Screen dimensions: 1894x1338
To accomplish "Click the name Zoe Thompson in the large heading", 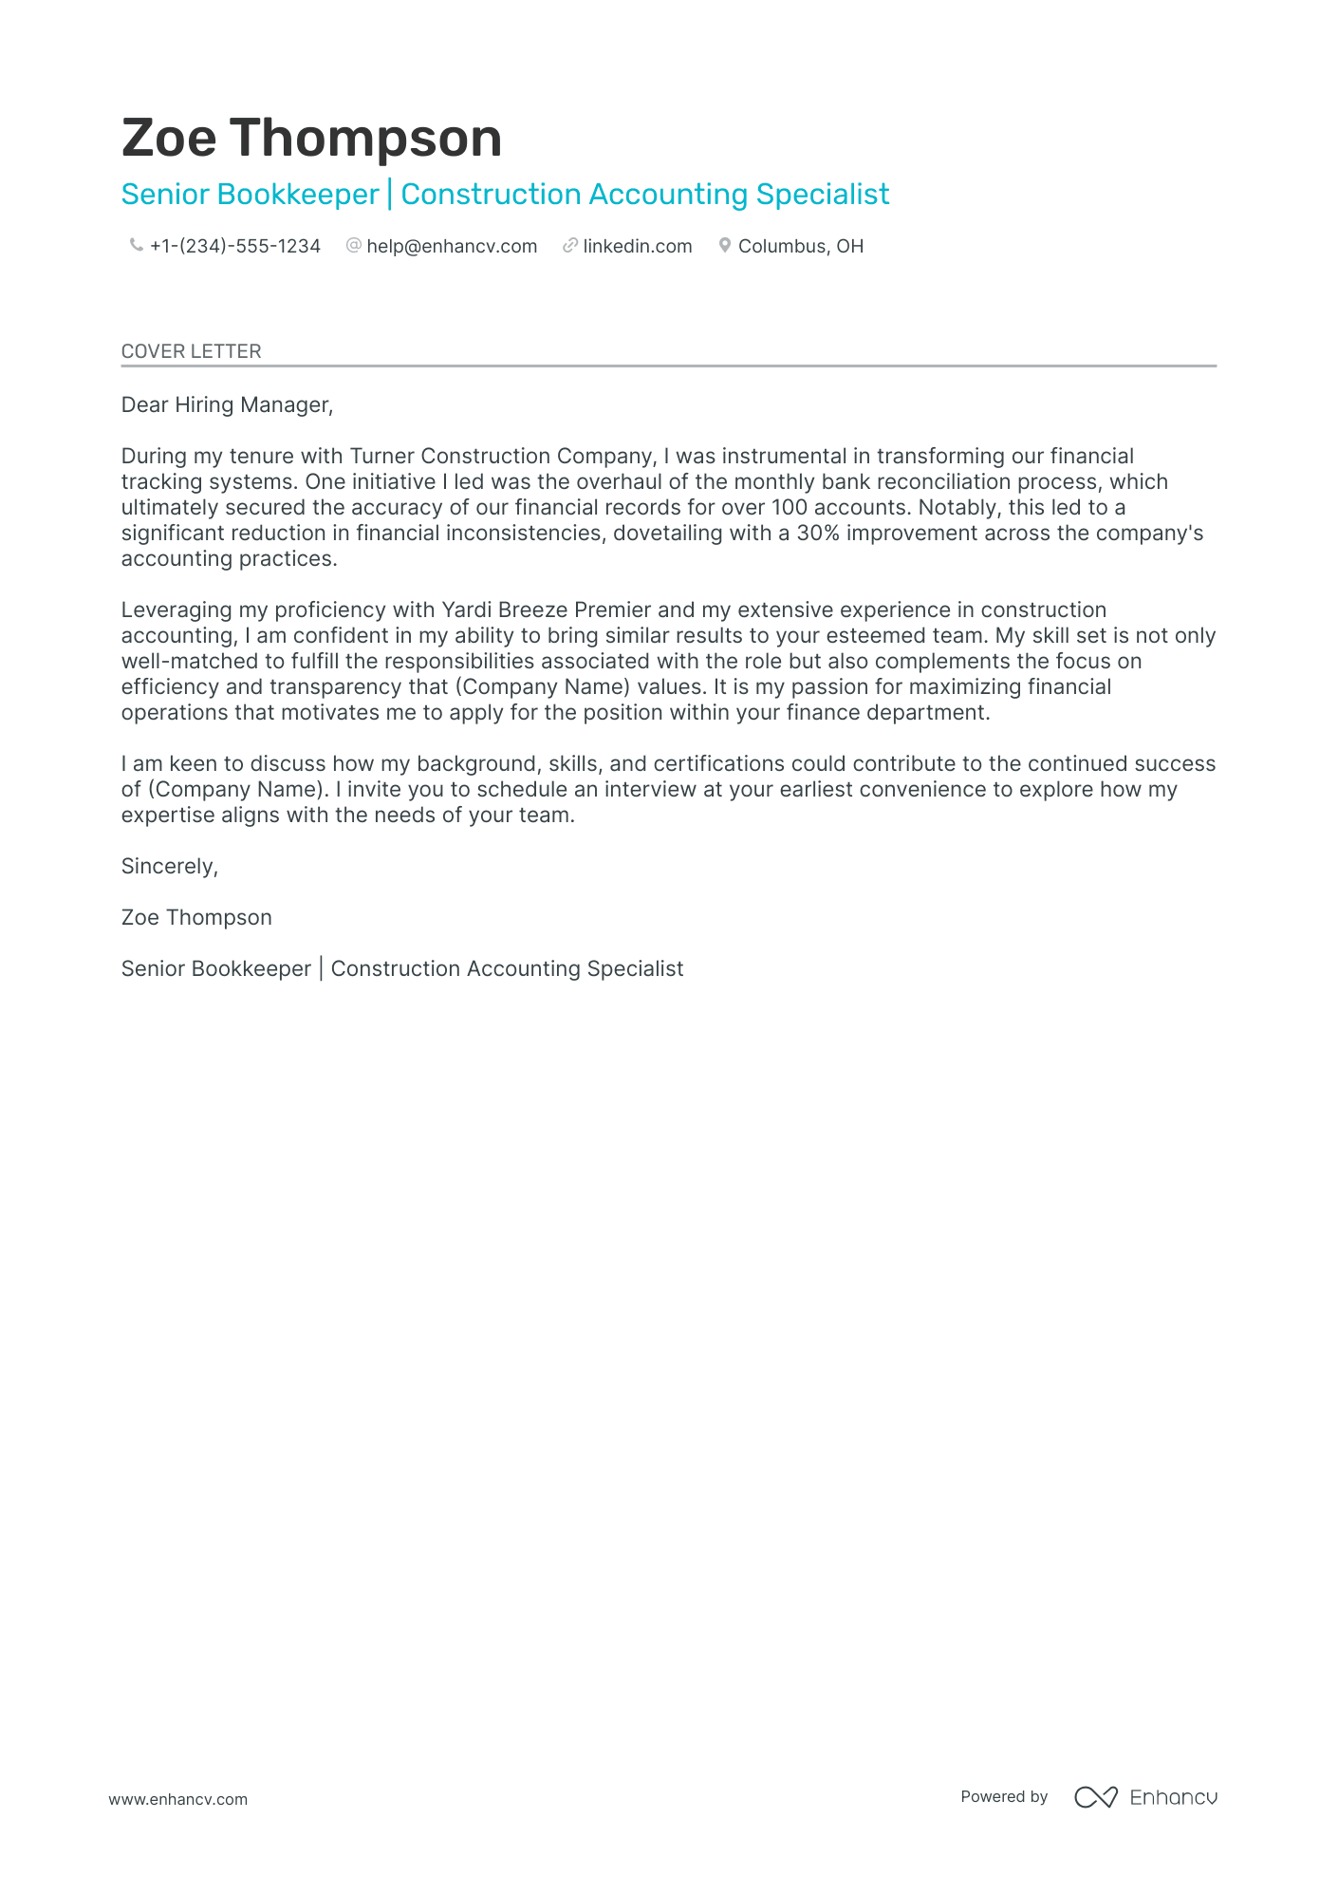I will (x=311, y=139).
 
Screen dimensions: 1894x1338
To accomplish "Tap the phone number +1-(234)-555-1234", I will (x=234, y=247).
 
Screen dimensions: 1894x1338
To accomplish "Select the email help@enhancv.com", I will (x=452, y=247).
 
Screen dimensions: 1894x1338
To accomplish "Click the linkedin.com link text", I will (x=637, y=247).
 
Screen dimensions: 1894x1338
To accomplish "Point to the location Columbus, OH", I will (x=800, y=247).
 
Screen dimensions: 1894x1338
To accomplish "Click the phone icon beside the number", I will (x=136, y=246).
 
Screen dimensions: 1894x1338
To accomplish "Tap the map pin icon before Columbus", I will (x=724, y=246).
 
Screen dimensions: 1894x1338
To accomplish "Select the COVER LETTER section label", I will (x=191, y=351).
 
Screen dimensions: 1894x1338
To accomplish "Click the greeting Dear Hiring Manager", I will (x=227, y=405).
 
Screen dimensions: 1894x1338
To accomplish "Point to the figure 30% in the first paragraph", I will (x=818, y=534).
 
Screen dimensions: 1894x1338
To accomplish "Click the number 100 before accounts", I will (x=789, y=508).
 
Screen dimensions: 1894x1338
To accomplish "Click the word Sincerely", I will (x=169, y=867).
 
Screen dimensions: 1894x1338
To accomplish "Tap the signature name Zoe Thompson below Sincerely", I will (x=196, y=918).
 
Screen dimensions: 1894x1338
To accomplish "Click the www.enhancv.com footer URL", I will (x=177, y=1799).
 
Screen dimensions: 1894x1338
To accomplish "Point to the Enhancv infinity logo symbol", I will (x=1095, y=1797).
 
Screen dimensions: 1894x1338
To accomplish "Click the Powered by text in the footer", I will (x=1003, y=1797).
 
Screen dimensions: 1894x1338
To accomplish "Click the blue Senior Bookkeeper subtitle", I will (x=251, y=195).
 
